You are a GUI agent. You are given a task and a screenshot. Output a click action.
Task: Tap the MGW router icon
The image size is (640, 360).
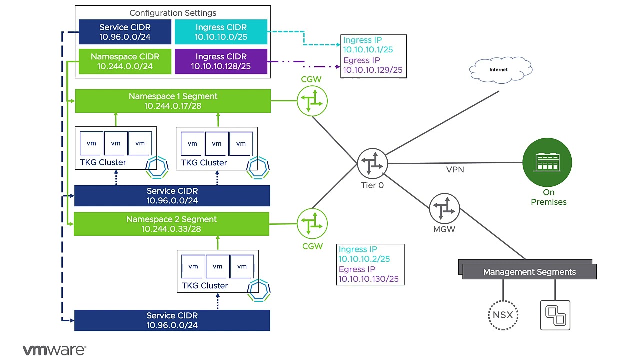coord(445,209)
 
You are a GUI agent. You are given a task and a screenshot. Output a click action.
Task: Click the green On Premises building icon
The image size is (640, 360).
coord(547,163)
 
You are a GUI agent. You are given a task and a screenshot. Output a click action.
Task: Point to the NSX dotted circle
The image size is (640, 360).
coord(503,315)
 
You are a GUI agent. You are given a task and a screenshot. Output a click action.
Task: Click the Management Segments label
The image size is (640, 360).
coord(529,272)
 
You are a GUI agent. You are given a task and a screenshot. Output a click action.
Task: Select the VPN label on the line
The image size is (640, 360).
coord(455,170)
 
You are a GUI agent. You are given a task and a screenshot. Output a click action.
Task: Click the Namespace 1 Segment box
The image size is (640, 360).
coord(173,101)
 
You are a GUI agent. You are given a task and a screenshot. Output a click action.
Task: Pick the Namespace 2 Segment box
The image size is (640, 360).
coord(171,224)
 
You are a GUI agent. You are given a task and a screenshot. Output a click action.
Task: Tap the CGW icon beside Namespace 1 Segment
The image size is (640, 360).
coord(312,100)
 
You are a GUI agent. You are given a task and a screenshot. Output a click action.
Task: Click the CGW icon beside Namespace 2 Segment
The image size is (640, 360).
coord(312,224)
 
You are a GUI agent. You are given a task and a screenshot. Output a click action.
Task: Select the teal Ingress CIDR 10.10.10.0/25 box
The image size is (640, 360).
coord(221,32)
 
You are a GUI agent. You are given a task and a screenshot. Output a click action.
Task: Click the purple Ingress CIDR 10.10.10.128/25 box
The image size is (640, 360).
coord(221,61)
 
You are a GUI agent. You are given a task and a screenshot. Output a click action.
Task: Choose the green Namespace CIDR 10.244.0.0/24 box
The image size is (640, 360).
coord(125,61)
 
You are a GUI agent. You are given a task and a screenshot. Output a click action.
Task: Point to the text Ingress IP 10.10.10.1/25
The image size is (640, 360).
coord(367,45)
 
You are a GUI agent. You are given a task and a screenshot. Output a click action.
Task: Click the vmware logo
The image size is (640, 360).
coord(54,350)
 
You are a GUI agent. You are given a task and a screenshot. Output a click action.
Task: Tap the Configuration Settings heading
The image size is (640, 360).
coord(173,13)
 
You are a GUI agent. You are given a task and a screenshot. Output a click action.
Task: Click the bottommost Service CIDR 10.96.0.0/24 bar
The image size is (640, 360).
coord(172,320)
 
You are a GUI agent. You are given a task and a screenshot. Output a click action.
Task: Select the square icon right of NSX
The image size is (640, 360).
coord(555,315)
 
